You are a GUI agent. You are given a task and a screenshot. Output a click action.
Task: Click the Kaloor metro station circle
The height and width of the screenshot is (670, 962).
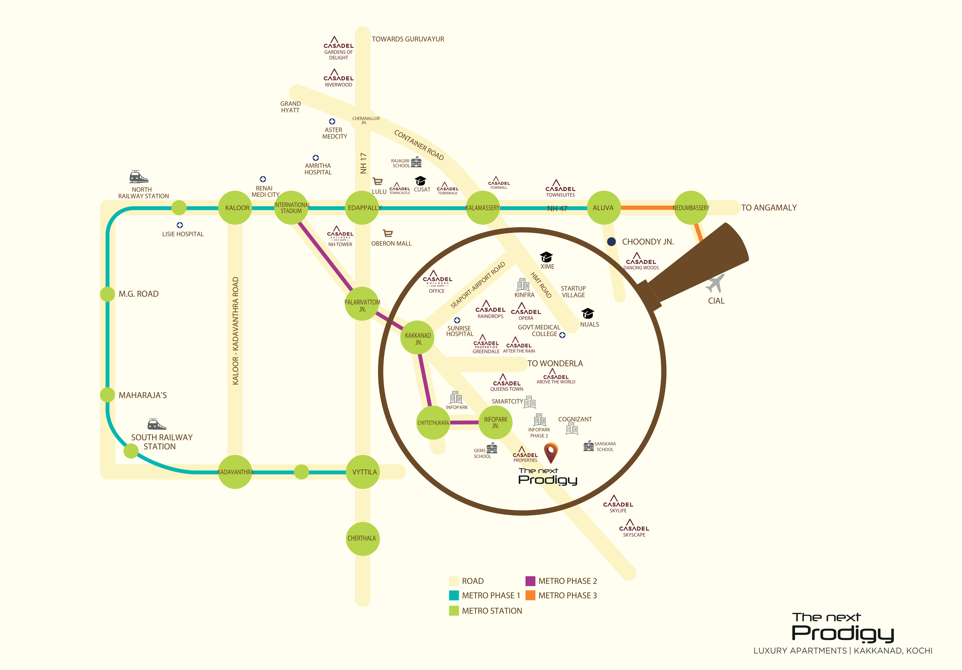pyautogui.click(x=235, y=208)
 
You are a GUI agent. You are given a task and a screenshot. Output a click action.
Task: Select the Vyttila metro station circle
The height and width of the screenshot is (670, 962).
pyautogui.click(x=363, y=472)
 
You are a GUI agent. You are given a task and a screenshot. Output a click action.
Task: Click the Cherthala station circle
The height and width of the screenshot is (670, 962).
pyautogui.click(x=363, y=539)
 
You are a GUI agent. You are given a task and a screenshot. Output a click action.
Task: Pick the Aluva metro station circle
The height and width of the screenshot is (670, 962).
pyautogui.click(x=604, y=208)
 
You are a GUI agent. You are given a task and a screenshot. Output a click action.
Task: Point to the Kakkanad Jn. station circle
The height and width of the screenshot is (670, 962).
pyautogui.click(x=417, y=337)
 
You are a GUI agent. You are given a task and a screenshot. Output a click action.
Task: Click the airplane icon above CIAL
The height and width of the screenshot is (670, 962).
pyautogui.click(x=715, y=283)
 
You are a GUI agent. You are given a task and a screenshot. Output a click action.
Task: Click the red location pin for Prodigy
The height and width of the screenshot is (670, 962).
pyautogui.click(x=551, y=453)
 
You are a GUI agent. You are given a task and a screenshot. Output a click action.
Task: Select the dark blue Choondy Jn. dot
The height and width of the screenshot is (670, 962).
pyautogui.click(x=611, y=242)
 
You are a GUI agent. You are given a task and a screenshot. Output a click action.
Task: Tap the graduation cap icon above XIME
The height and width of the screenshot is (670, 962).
pyautogui.click(x=546, y=257)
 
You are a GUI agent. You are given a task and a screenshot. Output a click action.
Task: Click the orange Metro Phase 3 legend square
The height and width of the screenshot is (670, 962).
pyautogui.click(x=530, y=595)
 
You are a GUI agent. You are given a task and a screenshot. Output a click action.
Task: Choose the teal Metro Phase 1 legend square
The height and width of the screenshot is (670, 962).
pyautogui.click(x=454, y=595)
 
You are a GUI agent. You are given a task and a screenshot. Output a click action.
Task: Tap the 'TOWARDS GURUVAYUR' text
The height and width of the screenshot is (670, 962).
pyautogui.click(x=408, y=39)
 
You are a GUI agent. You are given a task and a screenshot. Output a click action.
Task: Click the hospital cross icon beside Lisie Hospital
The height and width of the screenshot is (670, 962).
pyautogui.click(x=180, y=225)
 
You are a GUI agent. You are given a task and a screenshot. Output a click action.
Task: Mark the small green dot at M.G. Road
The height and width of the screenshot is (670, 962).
pyautogui.click(x=108, y=294)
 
